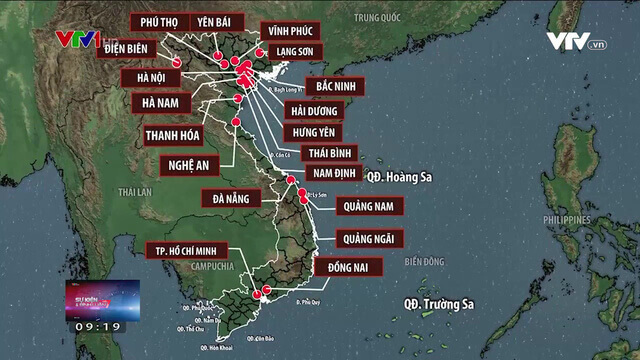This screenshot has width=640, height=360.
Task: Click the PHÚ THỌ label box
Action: pos(158,22)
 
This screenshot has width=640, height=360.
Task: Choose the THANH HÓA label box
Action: pos(173,134)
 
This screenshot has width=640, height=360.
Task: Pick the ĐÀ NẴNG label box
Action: pos(230,198)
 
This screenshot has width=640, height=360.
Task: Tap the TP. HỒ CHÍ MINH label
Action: pos(186,250)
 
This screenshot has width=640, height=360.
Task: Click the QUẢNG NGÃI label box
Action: pos(369,238)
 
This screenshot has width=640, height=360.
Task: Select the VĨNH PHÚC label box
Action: pos(287,30)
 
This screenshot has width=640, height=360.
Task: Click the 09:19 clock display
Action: pos(97,326)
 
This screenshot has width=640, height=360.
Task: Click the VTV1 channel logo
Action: pos(78,41)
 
